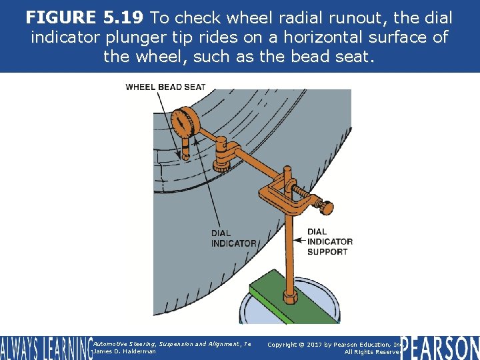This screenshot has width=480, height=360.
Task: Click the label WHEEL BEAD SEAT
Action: pyautogui.click(x=165, y=87)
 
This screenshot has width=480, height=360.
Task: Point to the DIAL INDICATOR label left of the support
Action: pyautogui.click(x=233, y=238)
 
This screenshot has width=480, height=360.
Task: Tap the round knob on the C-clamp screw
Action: pyautogui.click(x=325, y=208)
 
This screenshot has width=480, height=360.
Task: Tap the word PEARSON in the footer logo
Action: pyautogui.click(x=439, y=348)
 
